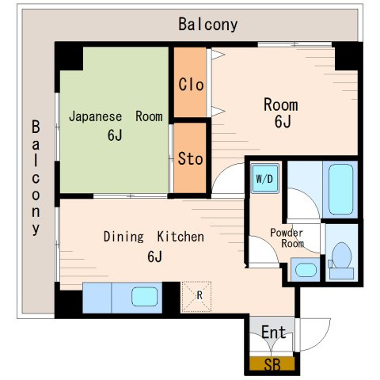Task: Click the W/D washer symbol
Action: click(x=264, y=178)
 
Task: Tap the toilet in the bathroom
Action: click(x=341, y=261)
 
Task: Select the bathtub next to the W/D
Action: click(x=340, y=189)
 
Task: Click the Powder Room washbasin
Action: click(x=306, y=270)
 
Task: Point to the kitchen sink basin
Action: click(x=144, y=297)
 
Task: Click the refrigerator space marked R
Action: click(x=196, y=297)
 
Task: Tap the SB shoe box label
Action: click(x=272, y=365)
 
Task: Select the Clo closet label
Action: click(x=191, y=85)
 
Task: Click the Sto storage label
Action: click(x=190, y=158)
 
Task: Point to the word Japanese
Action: click(x=95, y=117)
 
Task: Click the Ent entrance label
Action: click(x=274, y=332)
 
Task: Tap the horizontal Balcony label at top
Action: click(x=208, y=25)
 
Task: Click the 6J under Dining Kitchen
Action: click(x=154, y=256)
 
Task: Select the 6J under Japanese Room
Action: click(x=115, y=135)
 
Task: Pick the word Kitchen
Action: click(x=180, y=237)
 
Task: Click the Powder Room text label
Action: click(x=287, y=238)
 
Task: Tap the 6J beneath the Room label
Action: click(x=283, y=122)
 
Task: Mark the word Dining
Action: click(x=123, y=237)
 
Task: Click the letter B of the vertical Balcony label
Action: click(x=36, y=127)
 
